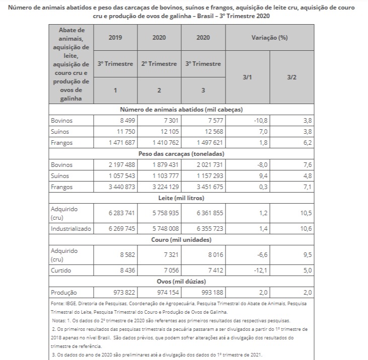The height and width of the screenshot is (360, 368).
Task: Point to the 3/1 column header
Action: point(247,77)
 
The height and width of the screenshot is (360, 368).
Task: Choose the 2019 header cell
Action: point(115,38)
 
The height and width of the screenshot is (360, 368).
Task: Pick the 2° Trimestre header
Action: point(159,64)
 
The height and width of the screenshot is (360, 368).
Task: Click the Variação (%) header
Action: point(269,38)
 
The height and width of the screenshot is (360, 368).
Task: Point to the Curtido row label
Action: point(60,271)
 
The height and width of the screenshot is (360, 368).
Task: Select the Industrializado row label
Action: point(71,229)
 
